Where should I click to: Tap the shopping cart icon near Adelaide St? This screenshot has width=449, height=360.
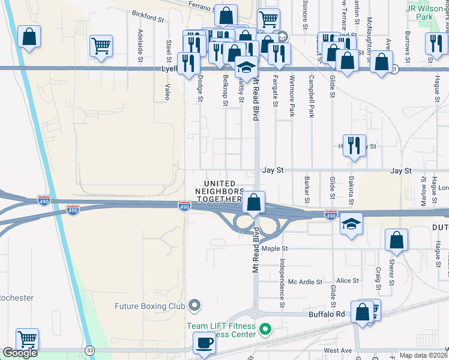tap(101, 46)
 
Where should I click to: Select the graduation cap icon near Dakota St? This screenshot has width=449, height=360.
tap(351, 224)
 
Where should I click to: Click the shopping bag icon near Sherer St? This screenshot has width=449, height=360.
tap(396, 241)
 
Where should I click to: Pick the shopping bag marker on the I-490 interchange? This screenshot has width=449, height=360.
tap(254, 202)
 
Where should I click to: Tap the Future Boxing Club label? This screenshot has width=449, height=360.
tap(149, 306)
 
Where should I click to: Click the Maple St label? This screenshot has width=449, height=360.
tap(275, 248)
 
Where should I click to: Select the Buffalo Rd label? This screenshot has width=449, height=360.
tap(327, 313)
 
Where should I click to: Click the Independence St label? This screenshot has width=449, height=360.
tap(280, 278)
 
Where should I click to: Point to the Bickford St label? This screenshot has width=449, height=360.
tap(148, 19)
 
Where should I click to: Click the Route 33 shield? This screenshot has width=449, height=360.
tap(89, 350)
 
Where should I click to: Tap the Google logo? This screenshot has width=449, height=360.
tap(20, 353)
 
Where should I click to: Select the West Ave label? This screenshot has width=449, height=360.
tap(337, 350)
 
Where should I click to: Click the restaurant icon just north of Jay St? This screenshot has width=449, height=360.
tap(354, 145)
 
